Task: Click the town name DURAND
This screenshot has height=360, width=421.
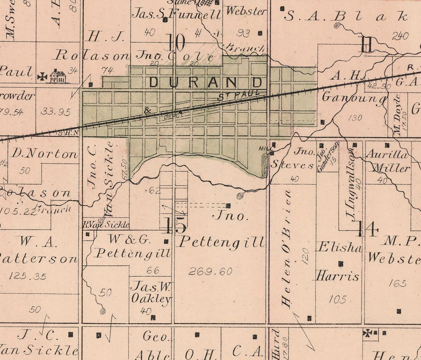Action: click(206, 83)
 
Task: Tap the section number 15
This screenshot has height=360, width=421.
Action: click(175, 226)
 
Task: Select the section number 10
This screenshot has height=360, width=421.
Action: click(176, 43)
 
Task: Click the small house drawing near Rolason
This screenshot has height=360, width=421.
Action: click(58, 76)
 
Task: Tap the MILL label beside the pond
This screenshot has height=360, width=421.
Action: click(264, 148)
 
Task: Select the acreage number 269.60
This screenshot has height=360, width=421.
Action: click(210, 272)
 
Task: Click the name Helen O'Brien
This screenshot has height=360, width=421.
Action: click(286, 249)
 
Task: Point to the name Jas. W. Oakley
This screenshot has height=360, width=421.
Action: click(151, 293)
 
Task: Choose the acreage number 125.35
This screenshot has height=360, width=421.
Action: click(28, 276)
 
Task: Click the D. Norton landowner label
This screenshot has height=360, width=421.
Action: click(44, 154)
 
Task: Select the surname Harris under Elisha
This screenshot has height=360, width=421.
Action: click(337, 276)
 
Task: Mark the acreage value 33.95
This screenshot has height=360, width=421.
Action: click(55, 112)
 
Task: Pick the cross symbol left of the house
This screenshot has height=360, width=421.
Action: click(42, 77)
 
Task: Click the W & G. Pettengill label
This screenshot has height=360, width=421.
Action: click(134, 246)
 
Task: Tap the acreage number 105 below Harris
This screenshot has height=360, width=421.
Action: click(337, 299)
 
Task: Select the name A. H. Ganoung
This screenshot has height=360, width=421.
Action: click(354, 87)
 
